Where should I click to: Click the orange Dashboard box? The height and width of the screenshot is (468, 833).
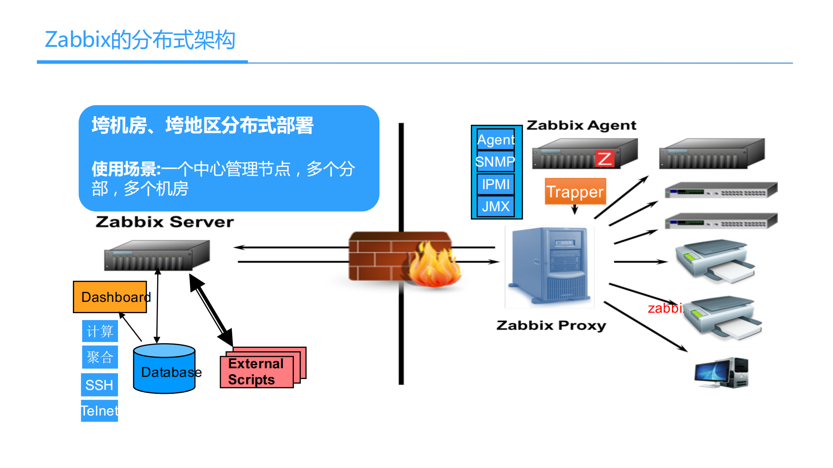point(110,297)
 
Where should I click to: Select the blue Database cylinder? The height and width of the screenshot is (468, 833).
point(164,369)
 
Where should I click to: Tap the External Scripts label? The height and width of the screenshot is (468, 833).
point(256,372)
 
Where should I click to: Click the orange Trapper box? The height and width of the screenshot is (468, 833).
point(575,191)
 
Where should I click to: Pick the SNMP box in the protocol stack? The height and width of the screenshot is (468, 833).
point(496,162)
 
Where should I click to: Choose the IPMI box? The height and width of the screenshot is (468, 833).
point(496,184)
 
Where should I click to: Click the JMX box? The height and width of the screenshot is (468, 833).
point(496,206)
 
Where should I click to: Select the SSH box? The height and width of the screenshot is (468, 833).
point(99,385)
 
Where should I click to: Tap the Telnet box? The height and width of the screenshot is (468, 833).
point(99,410)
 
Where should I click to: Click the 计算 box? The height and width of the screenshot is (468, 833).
point(100,331)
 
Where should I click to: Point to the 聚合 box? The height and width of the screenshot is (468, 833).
point(100,357)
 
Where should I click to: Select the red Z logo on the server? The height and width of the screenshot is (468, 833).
point(604,158)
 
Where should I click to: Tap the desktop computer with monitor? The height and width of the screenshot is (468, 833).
point(721,372)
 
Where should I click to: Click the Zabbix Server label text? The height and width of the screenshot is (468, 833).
point(165,222)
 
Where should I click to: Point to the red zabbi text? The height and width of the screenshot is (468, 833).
point(665,308)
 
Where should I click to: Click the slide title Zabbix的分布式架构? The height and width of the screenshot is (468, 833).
point(140,40)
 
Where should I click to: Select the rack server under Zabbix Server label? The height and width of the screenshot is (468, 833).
point(157,255)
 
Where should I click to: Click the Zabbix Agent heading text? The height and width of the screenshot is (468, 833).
point(581,125)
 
